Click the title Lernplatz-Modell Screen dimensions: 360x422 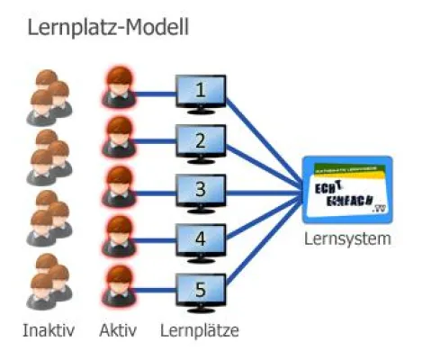(x=108, y=27)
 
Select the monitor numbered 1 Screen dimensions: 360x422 (x=200, y=93)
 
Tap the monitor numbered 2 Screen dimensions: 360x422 (x=200, y=141)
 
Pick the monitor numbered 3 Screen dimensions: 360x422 (x=200, y=191)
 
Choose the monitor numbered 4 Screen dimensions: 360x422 (x=200, y=240)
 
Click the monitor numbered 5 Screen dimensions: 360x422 (x=200, y=290)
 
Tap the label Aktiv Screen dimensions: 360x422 (x=119, y=330)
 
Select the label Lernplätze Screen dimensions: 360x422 (x=199, y=330)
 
